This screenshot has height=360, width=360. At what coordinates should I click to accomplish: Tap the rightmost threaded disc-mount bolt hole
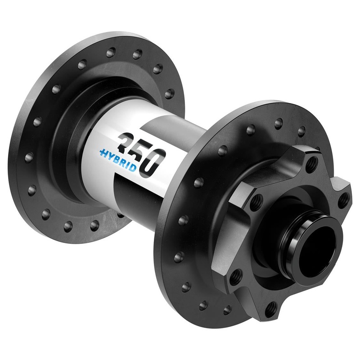pyautogui.click(x=343, y=198)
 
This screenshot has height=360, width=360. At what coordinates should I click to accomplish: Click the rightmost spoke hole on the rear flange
pyautogui.click(x=169, y=94)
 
